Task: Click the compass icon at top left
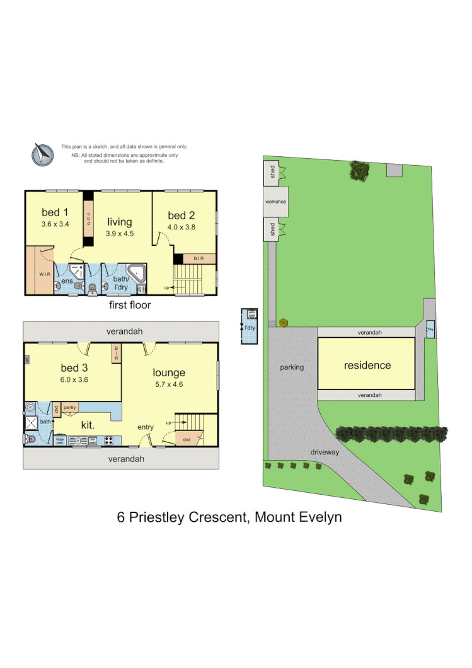tap(43, 154)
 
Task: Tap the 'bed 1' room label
tap(54, 212)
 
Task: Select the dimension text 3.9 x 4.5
tap(119, 234)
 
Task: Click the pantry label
tap(70, 408)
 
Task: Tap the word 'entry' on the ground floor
tap(146, 427)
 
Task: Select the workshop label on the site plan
tap(276, 202)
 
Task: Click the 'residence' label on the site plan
tap(367, 365)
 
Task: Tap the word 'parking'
tap(292, 367)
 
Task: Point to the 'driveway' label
tap(325, 452)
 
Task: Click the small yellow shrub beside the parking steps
tap(284, 323)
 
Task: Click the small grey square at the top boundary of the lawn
tap(394, 170)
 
